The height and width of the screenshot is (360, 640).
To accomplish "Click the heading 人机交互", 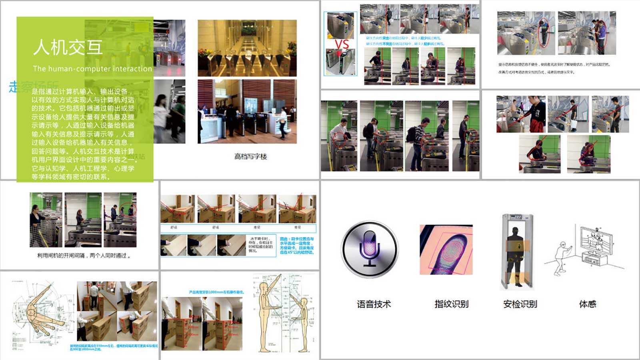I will point(68,47).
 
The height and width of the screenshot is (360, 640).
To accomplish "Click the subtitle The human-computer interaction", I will point(92,69).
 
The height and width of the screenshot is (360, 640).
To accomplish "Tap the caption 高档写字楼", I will point(250,156).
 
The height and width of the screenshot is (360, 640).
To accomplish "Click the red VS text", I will point(342,44).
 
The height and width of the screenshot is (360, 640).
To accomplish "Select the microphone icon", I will point(370,250).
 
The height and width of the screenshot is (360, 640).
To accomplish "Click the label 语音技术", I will point(374,304).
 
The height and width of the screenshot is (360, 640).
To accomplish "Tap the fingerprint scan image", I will point(446,250).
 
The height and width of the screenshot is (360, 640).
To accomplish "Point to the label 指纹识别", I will point(452,304).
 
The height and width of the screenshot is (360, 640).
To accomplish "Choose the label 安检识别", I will point(520,304).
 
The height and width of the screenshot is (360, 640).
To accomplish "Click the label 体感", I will point(588,304).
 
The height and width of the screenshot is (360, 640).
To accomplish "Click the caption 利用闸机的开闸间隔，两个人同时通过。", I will point(84,255).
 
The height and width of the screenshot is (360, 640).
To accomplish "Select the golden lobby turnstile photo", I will point(247,48).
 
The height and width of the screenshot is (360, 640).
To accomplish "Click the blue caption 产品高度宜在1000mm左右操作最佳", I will point(216,292).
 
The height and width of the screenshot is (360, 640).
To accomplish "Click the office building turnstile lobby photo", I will point(247,111).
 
